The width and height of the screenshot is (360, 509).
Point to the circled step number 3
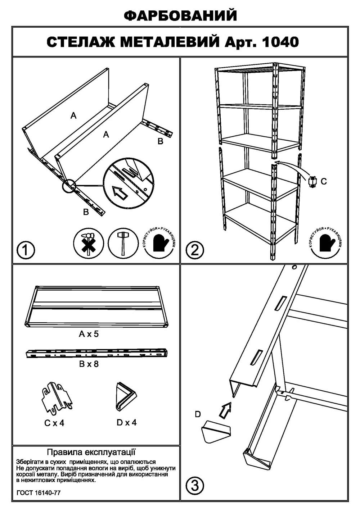[194, 486]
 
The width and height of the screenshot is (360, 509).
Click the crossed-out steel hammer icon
[88, 243]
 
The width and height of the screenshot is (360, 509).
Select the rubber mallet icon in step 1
[123, 243]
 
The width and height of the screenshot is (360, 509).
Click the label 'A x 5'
[89, 334]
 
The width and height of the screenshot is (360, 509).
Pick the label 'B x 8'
[89, 364]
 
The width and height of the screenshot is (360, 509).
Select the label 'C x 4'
[54, 423]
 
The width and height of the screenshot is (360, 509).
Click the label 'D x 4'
[127, 422]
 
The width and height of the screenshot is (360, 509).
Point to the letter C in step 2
[324, 182]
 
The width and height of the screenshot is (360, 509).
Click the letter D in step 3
[198, 414]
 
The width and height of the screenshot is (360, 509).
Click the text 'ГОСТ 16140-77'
[39, 492]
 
